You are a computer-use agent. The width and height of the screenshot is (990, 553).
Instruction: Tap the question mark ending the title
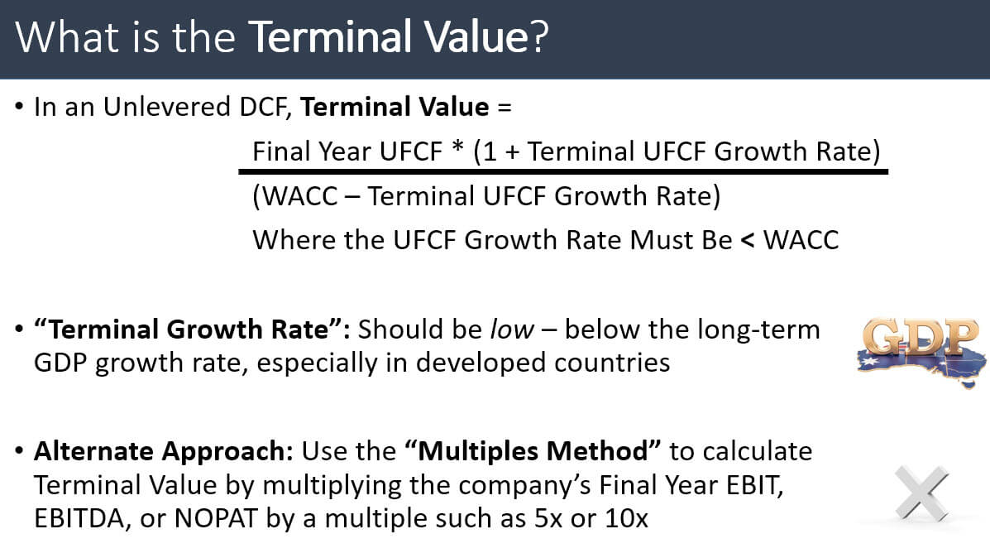[x=538, y=38]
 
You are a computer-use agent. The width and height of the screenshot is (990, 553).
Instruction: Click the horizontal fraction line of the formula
[x=562, y=172]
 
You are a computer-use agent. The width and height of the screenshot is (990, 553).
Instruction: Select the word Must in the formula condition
[x=650, y=240]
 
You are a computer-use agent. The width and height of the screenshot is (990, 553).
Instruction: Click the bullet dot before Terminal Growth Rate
[x=19, y=330]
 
